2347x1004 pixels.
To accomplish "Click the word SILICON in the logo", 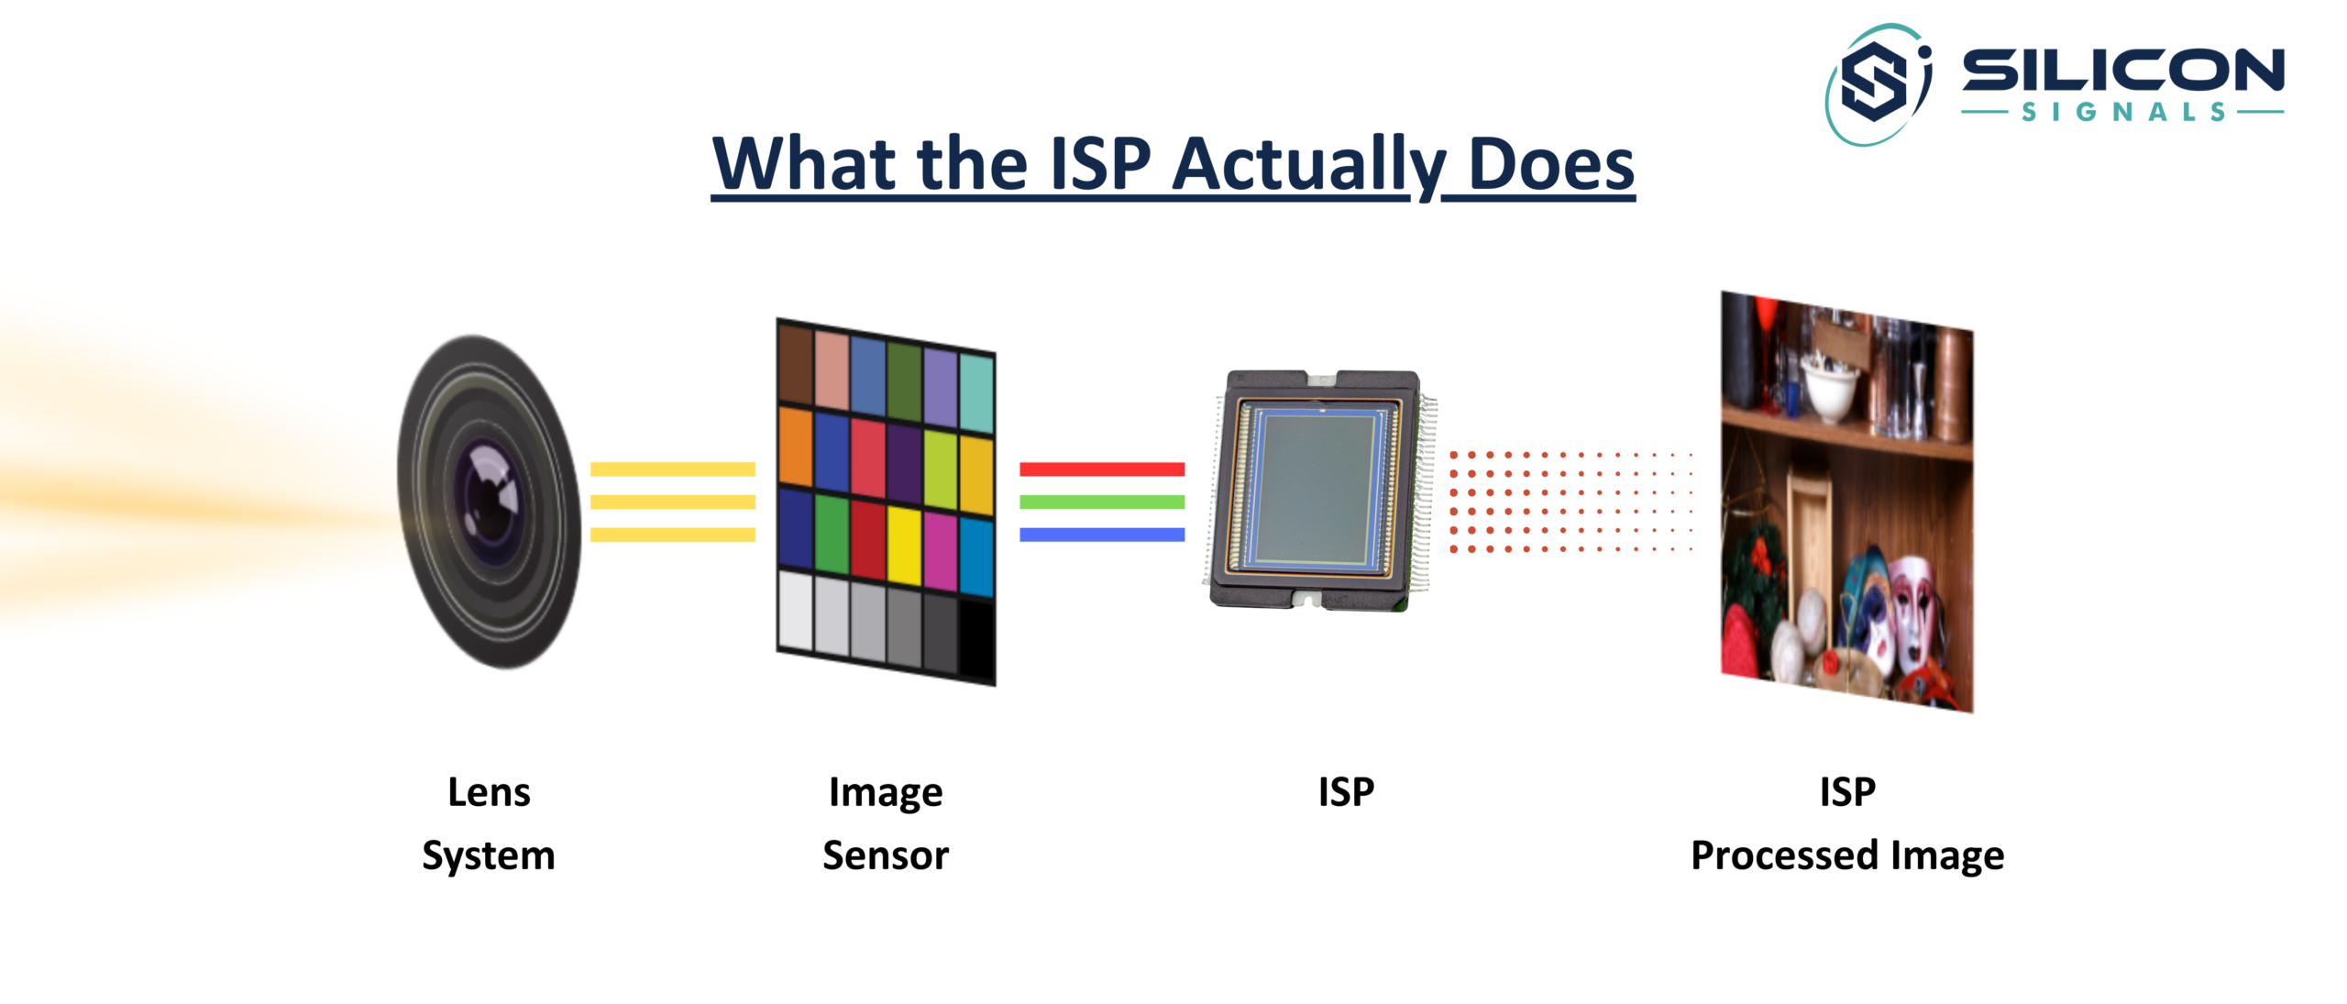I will click(x=2122, y=71).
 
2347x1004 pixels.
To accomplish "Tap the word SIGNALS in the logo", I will click(x=2123, y=113).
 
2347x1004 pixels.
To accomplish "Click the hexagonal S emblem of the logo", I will click(x=1876, y=82).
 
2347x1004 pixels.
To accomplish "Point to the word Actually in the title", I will click(x=1309, y=165).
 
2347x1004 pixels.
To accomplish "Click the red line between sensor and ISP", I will click(x=1101, y=469).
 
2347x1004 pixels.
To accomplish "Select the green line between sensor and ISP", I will click(x=1101, y=502).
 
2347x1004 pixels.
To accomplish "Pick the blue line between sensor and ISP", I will click(x=1101, y=535).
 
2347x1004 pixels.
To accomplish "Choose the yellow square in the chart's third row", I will click(x=904, y=545).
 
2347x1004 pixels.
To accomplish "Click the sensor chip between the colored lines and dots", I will click(x=1316, y=491).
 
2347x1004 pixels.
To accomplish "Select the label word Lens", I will click(x=489, y=792).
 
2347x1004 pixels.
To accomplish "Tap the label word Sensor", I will click(x=886, y=855).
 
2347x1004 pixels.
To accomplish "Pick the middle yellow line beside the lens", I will click(x=672, y=502).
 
